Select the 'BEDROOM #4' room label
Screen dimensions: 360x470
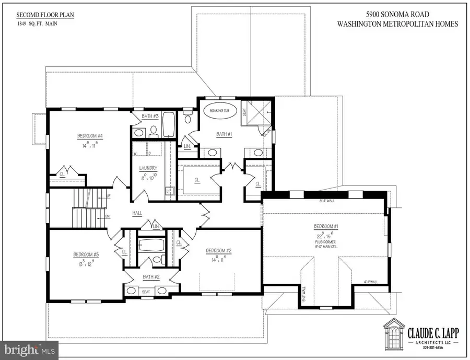(90, 136)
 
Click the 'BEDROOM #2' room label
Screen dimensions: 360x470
(218, 250)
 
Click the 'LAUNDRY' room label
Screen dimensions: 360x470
(148, 168)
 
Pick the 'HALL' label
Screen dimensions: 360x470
(137, 214)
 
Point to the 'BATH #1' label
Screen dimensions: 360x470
(224, 134)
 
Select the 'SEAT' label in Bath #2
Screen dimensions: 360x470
(146, 292)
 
